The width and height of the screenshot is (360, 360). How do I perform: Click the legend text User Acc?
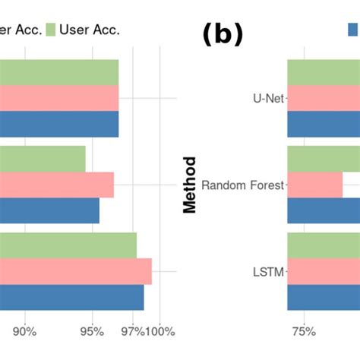[90, 30]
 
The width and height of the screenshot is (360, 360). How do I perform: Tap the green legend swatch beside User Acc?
[51, 30]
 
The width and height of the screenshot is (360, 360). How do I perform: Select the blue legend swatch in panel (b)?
[353, 30]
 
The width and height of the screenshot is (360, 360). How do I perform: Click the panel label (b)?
[223, 34]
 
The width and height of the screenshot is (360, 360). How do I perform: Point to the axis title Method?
[190, 185]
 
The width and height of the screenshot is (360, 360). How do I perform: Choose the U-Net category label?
[268, 98]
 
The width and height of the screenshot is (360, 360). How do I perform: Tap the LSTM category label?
[268, 271]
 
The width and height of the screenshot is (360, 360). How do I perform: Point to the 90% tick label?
[24, 331]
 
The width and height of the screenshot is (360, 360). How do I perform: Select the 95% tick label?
[92, 331]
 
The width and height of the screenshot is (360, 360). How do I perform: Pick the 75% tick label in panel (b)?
[303, 331]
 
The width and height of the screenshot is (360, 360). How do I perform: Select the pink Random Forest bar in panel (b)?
[314, 185]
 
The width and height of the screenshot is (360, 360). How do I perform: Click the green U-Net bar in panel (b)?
[324, 72]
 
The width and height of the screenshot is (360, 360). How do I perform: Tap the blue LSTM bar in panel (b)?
[324, 297]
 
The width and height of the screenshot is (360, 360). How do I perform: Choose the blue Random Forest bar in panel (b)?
[324, 210]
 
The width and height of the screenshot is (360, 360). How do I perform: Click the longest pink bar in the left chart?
[76, 271]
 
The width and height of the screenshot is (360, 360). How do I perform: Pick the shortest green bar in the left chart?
[43, 159]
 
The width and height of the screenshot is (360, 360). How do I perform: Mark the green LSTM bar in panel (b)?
[324, 245]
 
